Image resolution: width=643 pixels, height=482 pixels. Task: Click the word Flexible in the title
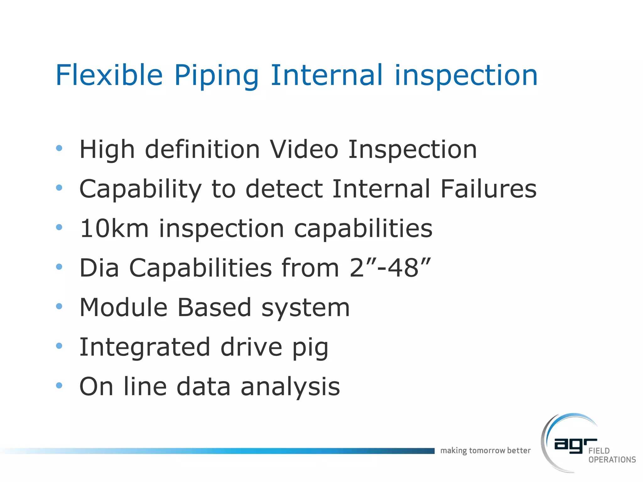pos(109,75)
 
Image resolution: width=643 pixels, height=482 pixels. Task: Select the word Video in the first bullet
pos(304,149)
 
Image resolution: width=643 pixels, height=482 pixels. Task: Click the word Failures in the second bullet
pos(488,189)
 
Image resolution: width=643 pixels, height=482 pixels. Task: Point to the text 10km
pos(114,228)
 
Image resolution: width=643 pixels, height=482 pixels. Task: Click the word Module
pos(123,308)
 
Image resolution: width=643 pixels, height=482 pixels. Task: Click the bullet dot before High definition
pos(59,148)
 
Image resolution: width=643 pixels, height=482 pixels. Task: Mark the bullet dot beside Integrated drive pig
pos(59,346)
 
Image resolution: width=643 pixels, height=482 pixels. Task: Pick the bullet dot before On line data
pos(59,385)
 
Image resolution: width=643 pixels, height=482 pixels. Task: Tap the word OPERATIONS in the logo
pos(612,460)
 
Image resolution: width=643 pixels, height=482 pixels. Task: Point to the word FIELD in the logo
pos(599,451)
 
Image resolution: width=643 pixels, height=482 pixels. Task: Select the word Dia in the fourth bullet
pos(99,268)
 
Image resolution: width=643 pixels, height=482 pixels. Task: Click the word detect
pos(284,189)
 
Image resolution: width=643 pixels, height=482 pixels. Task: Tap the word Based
pos(214,308)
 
